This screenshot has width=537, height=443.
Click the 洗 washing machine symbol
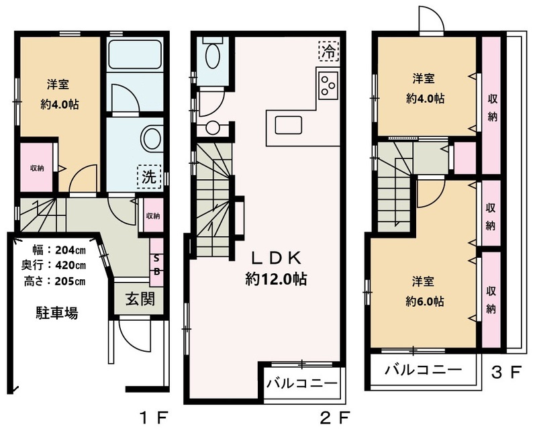[149, 177]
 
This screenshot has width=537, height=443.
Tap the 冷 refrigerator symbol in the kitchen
[328, 51]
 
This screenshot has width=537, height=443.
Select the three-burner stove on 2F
[328, 83]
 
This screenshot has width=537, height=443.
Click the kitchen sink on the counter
[289, 126]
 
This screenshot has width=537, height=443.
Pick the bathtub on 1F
[135, 54]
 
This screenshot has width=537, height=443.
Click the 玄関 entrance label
[140, 299]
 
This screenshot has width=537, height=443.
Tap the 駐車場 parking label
[57, 313]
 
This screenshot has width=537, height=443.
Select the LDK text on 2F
[276, 258]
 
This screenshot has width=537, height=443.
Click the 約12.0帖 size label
[276, 279]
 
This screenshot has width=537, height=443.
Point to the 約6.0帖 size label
[425, 301]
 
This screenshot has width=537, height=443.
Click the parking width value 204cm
[70, 250]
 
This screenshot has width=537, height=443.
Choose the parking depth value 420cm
[70, 265]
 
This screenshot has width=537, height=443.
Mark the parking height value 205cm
[70, 281]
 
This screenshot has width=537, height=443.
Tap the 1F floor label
[154, 417]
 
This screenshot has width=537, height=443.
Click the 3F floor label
[506, 373]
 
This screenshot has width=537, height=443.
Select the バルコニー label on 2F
[302, 383]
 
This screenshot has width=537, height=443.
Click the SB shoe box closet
[157, 262]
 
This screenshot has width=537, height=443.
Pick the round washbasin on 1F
[152, 139]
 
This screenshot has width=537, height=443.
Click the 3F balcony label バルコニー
[424, 370]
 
